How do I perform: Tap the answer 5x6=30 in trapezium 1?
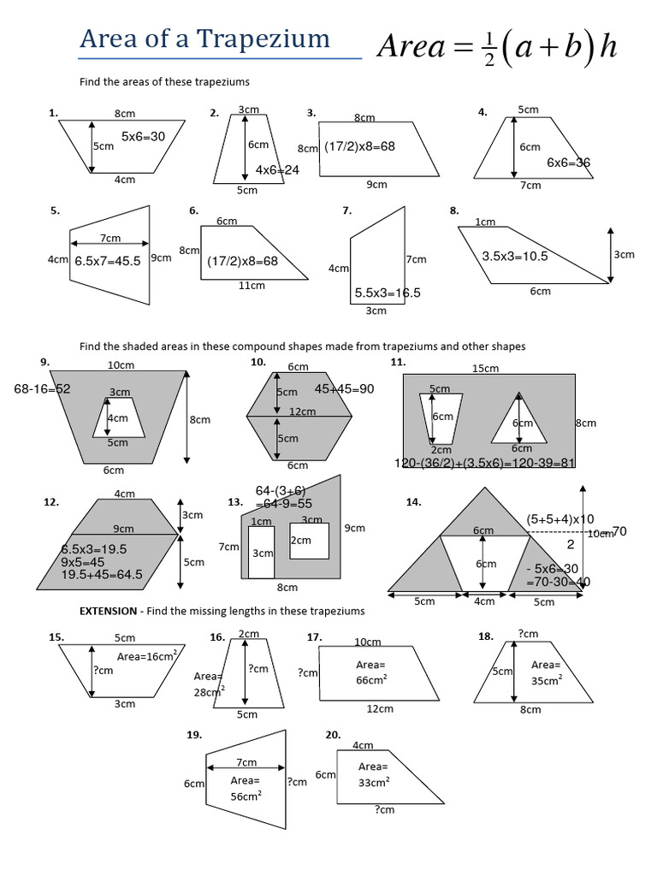coord(143,136)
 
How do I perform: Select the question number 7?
coord(346,210)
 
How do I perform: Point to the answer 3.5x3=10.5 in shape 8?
coord(514,256)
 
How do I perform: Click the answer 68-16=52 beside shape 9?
coord(42,389)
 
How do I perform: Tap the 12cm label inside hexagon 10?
coord(302,411)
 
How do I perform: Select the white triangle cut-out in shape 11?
coord(518,422)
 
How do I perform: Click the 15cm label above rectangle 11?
coord(486,369)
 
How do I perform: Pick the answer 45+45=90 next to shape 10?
coord(345,389)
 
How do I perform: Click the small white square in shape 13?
coord(310,542)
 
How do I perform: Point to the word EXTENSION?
coord(107,611)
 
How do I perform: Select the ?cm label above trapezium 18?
coord(528,634)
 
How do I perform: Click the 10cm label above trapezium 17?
coord(368,642)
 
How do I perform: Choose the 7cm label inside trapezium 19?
coord(246,762)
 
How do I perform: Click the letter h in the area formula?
coord(607,47)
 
